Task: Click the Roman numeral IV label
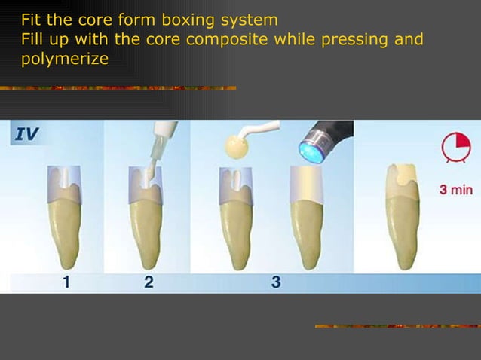click(27, 135)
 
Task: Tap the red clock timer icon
click(455, 147)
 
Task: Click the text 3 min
click(456, 189)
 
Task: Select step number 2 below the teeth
click(149, 283)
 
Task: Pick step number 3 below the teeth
click(275, 283)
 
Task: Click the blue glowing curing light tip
click(310, 145)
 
